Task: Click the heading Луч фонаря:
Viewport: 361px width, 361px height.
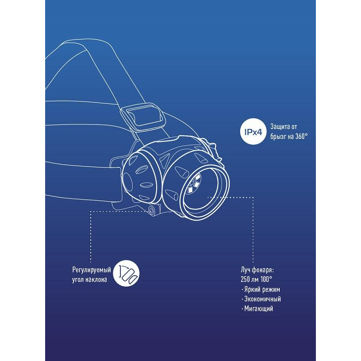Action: pyautogui.click(x=258, y=270)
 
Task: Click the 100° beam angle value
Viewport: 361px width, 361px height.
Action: pyautogui.click(x=267, y=279)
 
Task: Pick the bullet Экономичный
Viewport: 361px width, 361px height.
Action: pyautogui.click(x=263, y=299)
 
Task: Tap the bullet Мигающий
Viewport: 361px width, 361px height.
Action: pyautogui.click(x=259, y=309)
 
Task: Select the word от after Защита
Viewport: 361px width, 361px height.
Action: pyautogui.click(x=294, y=126)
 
